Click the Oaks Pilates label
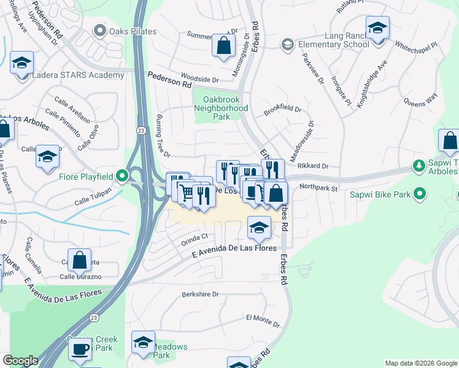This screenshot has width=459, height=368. point(133,31)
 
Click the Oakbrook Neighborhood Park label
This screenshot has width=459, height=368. point(221,108)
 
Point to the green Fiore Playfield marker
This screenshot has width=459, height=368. point(122,177)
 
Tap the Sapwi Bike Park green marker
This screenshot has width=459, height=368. point(420,194)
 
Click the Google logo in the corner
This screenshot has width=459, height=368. point(20,361)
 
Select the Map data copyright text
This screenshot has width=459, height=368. point(420,363)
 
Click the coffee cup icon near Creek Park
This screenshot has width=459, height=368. point(79,350)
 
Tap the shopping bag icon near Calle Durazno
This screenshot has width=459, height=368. point(80,260)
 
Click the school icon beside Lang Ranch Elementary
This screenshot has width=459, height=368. point(377,28)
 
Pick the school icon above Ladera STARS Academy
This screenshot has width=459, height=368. point(21,63)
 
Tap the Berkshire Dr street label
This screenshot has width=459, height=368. point(200,294)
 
